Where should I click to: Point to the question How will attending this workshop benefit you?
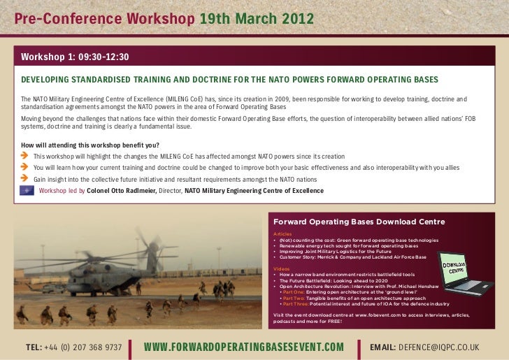[85, 145]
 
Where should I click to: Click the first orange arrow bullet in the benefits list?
[25, 156]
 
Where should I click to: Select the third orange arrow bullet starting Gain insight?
[25, 179]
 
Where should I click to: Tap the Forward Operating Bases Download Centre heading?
[359, 222]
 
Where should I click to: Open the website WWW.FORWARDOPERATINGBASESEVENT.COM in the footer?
[244, 347]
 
